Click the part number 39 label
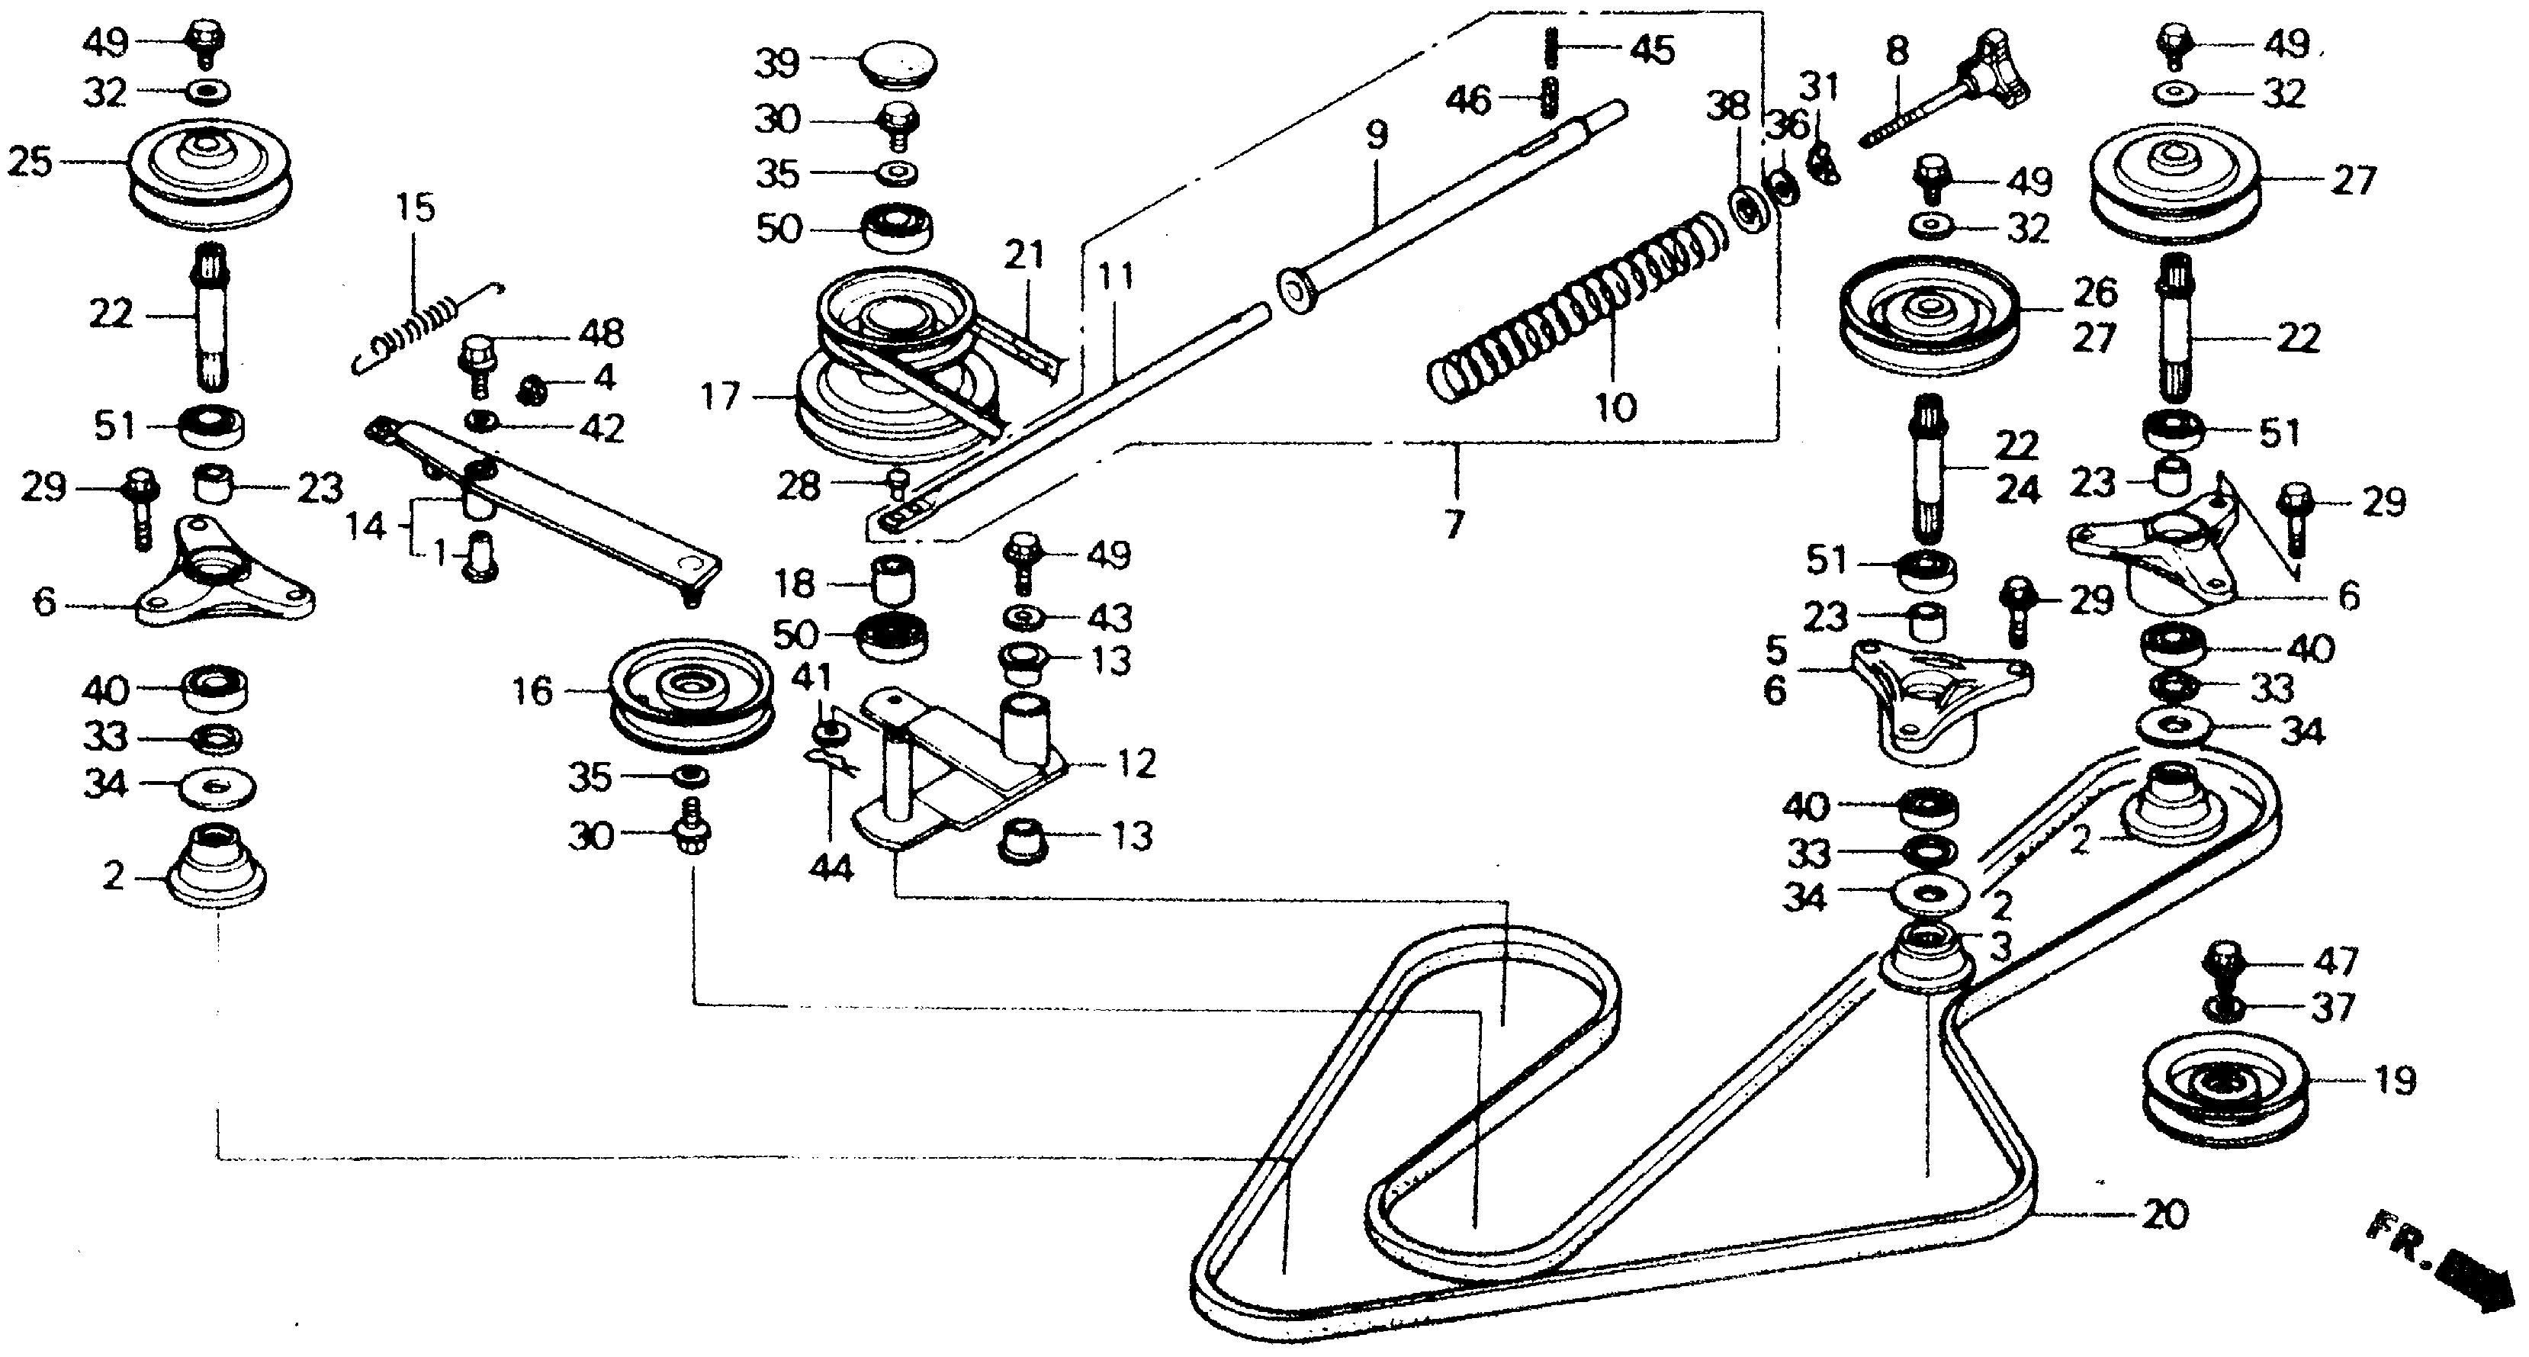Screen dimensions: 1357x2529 776,65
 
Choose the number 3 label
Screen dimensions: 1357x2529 2000,947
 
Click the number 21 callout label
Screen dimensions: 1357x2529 1025,256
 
